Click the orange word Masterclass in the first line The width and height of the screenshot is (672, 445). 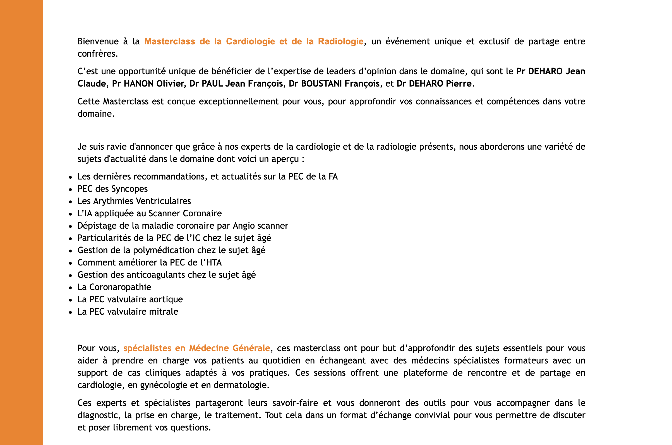(169, 41)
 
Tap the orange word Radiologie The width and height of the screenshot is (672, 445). (340, 41)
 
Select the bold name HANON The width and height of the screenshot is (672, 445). (139, 83)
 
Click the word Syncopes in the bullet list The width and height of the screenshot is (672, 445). (129, 189)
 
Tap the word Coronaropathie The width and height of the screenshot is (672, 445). (120, 287)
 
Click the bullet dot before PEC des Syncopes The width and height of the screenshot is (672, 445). (70, 189)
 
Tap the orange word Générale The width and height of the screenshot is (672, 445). (251, 348)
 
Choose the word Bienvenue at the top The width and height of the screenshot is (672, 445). (98, 41)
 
